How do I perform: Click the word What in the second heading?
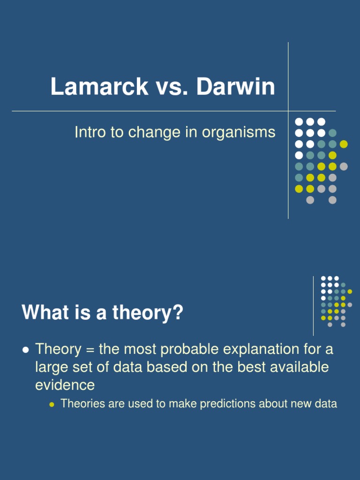pos(44,313)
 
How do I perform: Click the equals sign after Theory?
pos(88,349)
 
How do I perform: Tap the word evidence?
pos(65,385)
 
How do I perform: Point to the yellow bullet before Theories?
pos(52,404)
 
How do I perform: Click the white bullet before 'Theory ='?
pos(26,350)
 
